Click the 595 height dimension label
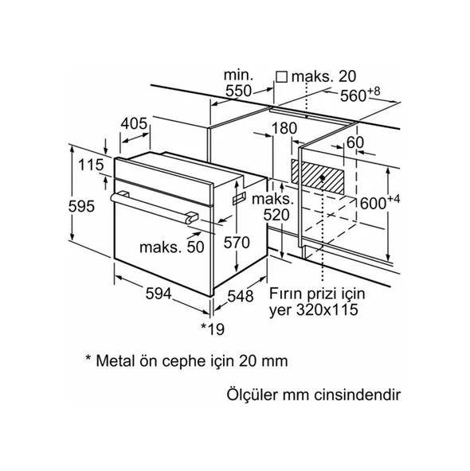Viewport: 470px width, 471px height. (x=81, y=206)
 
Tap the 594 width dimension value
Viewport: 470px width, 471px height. (x=159, y=294)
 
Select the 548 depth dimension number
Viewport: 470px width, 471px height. (x=241, y=296)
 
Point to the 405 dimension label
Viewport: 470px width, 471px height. (x=134, y=123)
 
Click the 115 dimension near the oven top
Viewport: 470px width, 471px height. (x=91, y=165)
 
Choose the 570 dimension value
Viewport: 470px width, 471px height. (x=237, y=243)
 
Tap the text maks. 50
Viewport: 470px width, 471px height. (x=172, y=247)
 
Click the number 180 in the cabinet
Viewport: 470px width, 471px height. (x=284, y=128)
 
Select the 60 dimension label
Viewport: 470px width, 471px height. (x=355, y=142)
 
